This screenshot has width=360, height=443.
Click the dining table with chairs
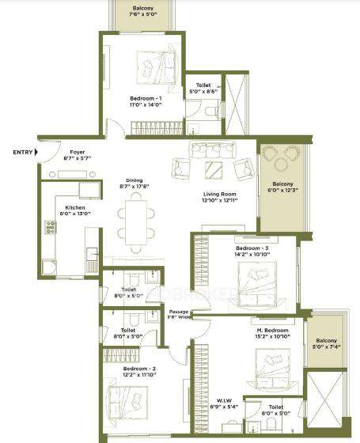click(x=135, y=218)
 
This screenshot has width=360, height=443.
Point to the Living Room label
click(x=219, y=198)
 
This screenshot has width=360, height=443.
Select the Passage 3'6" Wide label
click(x=179, y=316)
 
